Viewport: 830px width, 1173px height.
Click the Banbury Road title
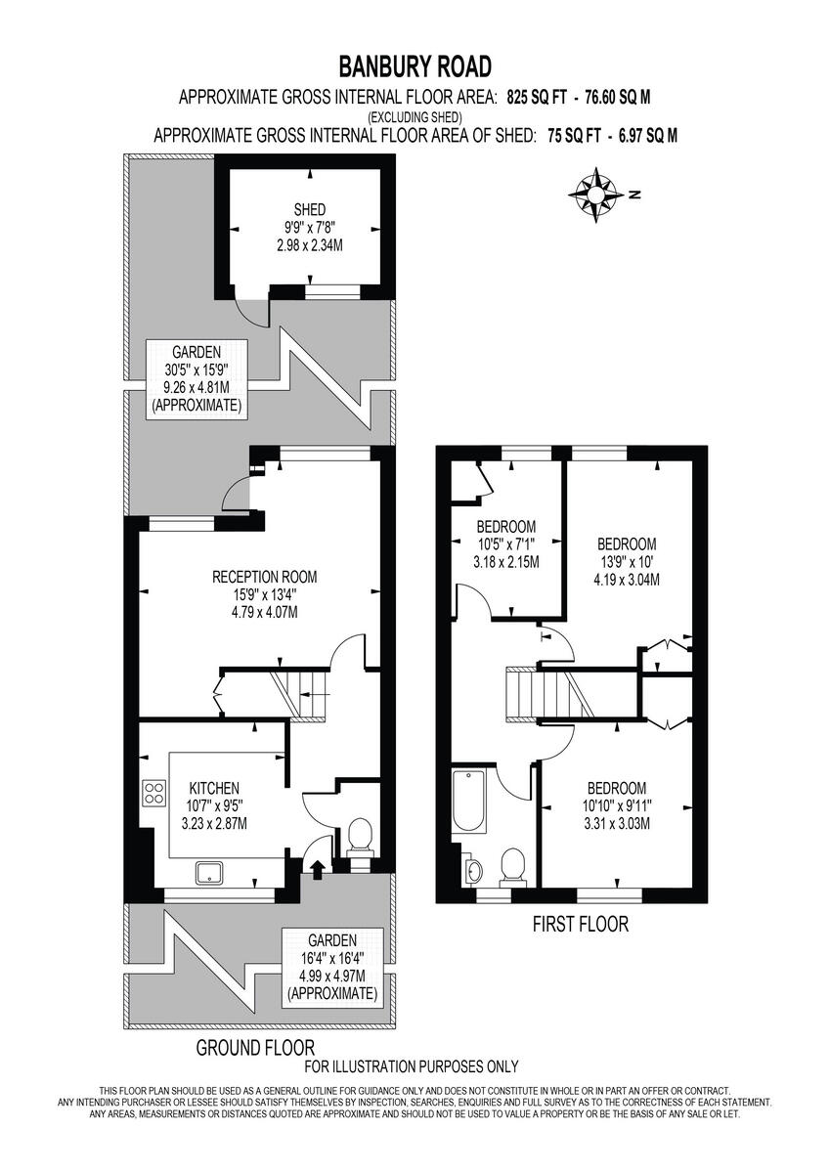coord(415,66)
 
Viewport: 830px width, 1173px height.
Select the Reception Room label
coord(264,577)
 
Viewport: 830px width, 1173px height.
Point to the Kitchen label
coord(214,788)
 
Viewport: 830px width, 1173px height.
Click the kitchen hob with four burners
coord(153,791)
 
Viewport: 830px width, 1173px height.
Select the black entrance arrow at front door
coord(317,869)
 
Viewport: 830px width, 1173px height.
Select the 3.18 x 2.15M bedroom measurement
coord(505,562)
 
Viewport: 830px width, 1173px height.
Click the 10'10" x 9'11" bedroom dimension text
coord(616,806)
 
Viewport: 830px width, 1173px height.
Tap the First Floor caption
coord(580,924)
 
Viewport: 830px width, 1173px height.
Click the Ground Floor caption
coord(242,1048)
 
